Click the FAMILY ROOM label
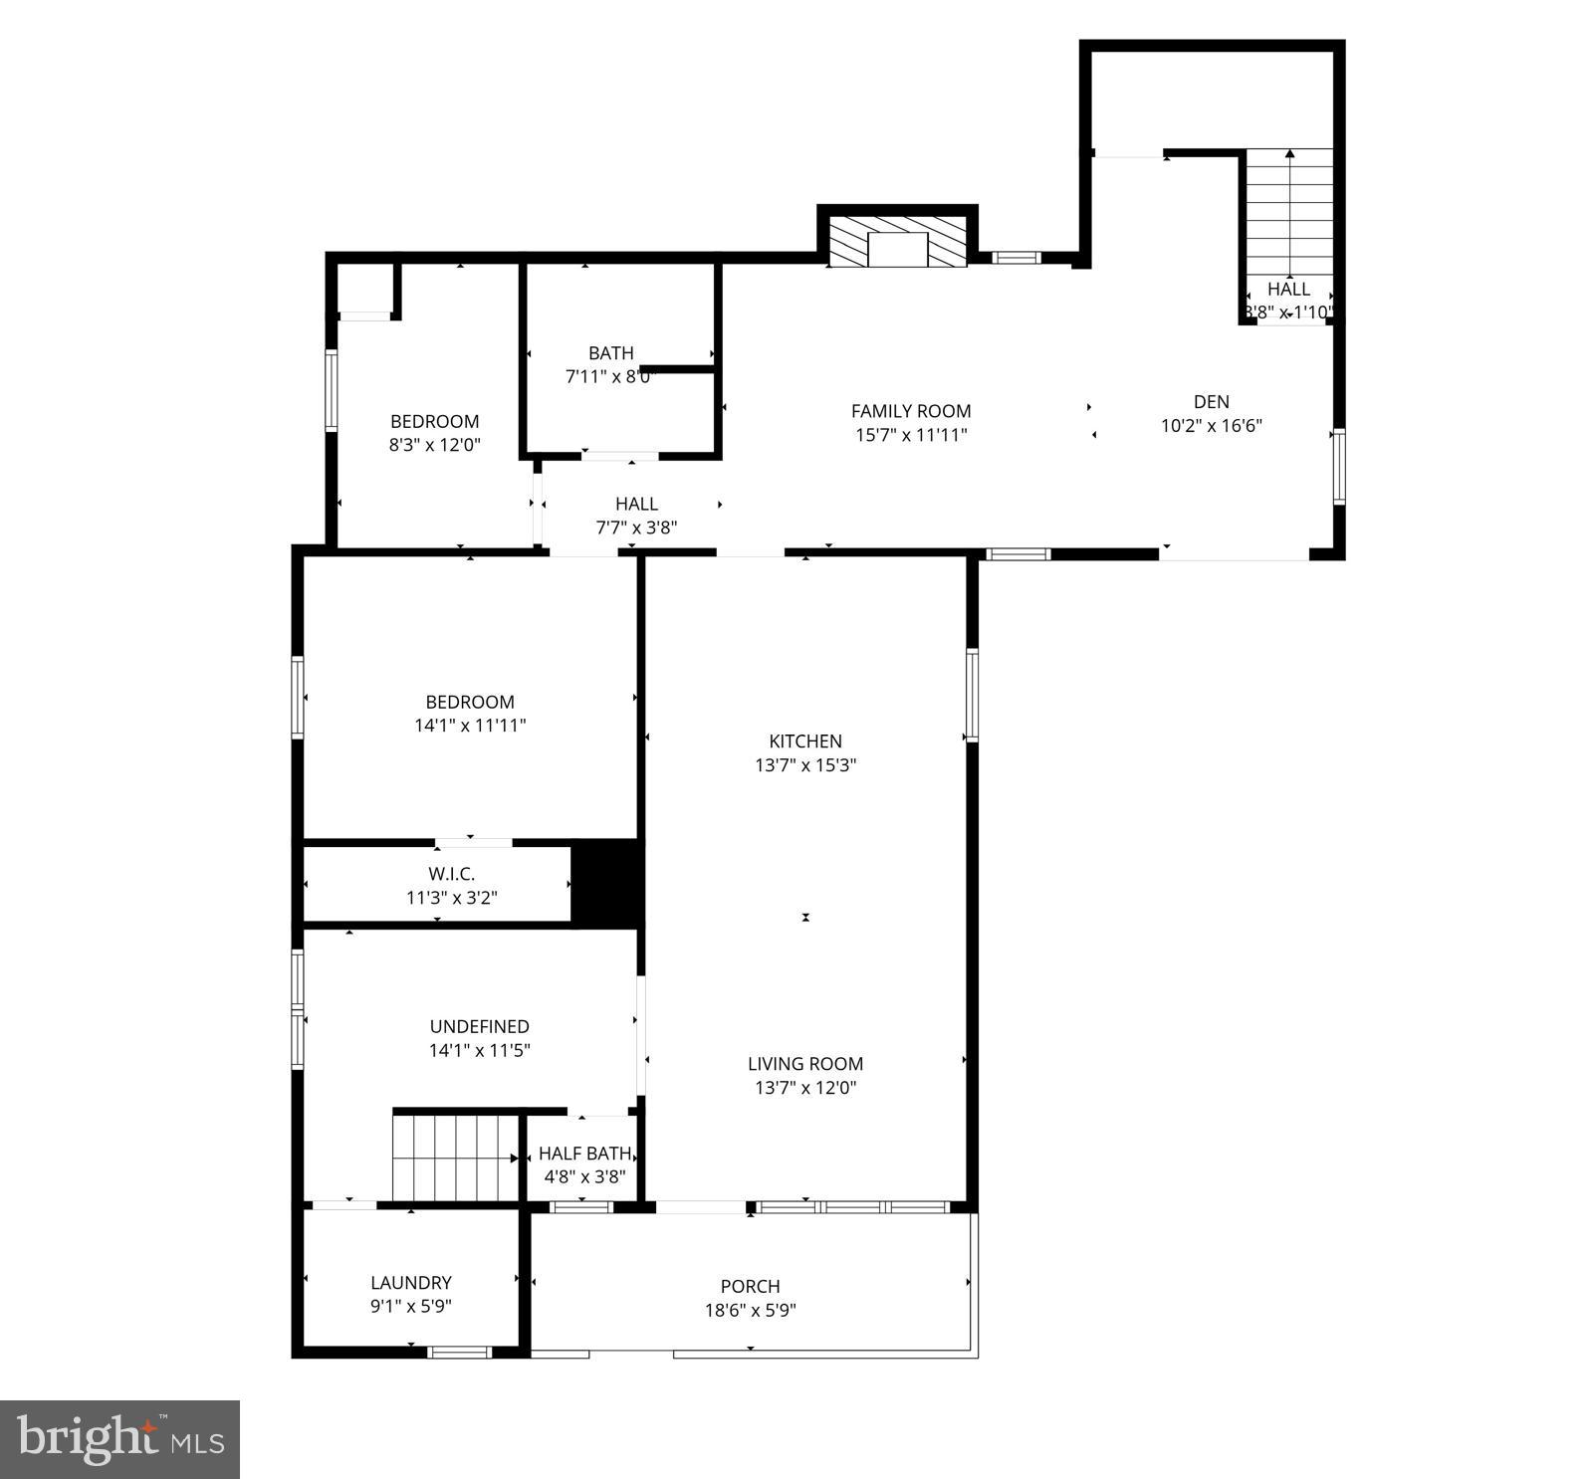click(x=910, y=411)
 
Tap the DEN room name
click(x=1211, y=402)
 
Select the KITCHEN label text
click(x=805, y=741)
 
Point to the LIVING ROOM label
click(x=805, y=1064)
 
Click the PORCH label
click(x=750, y=1287)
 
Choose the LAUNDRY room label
click(x=410, y=1283)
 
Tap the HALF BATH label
click(x=584, y=1154)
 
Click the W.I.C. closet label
click(x=451, y=874)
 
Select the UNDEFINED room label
click(x=479, y=1026)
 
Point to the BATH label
click(x=610, y=353)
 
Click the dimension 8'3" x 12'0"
click(x=434, y=445)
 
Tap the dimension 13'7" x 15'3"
click(x=805, y=765)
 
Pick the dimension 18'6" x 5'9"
click(x=750, y=1311)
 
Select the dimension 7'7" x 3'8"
click(x=636, y=528)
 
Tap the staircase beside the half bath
click(x=454, y=1158)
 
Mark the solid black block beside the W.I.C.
click(x=606, y=883)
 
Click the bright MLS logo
click(x=120, y=1439)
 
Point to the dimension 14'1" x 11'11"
click(x=470, y=726)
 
